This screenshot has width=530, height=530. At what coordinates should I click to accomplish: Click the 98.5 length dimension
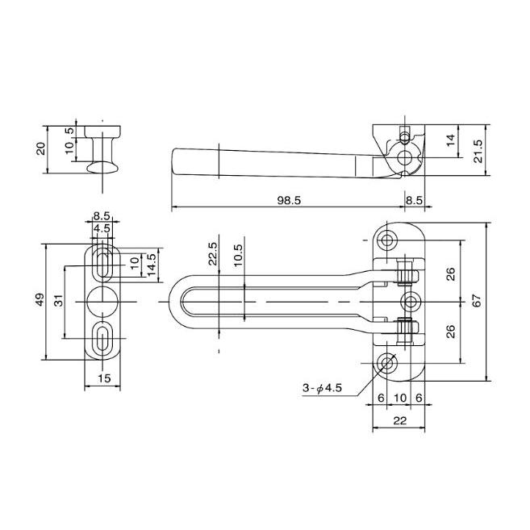click(x=289, y=200)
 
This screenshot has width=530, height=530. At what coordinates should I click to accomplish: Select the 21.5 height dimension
click(x=478, y=151)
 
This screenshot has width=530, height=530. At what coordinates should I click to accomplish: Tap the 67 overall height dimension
click(x=477, y=300)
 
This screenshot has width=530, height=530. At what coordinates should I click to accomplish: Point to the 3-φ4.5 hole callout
click(x=322, y=388)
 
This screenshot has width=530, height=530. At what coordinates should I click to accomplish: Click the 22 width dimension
click(x=400, y=420)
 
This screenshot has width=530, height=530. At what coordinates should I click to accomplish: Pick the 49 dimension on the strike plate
click(x=40, y=299)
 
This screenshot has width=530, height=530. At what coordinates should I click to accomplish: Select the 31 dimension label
click(x=59, y=300)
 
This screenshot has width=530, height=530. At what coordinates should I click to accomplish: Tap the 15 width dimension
click(x=104, y=378)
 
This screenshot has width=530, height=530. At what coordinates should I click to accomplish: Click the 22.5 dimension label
click(x=213, y=253)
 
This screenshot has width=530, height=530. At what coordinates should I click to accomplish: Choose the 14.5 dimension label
click(x=152, y=264)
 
